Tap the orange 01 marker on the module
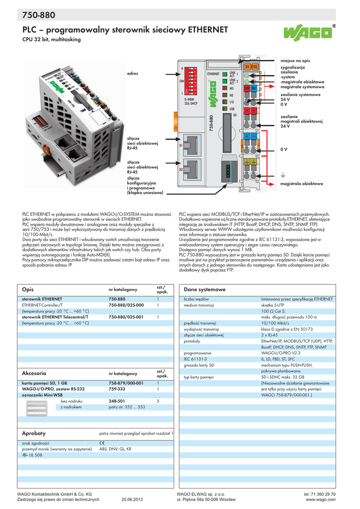248,66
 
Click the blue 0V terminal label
254,87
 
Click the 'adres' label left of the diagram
132,73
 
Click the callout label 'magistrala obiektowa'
302,184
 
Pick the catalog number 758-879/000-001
126,383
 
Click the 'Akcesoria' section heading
34,372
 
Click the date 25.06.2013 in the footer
132,500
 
